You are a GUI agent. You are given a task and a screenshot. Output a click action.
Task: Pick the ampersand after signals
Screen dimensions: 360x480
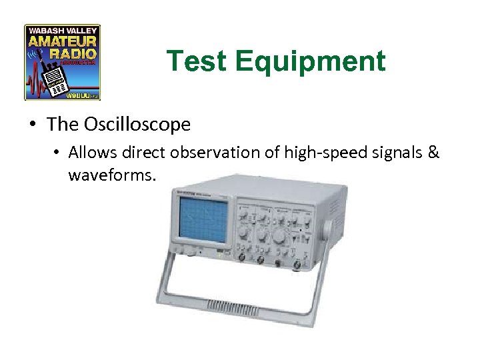pos(433,153)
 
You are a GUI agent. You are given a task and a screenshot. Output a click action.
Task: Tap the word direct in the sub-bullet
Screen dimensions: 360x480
pos(143,153)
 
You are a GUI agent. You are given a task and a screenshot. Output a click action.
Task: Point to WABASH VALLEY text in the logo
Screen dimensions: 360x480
pos(63,30)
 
